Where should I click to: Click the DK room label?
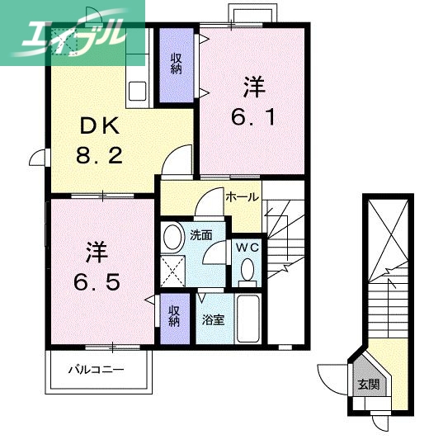click(x=101, y=126)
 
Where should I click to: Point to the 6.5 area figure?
click(x=101, y=281)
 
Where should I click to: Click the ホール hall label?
click(x=242, y=197)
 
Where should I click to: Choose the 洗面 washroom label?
click(x=200, y=234)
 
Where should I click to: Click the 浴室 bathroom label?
click(x=214, y=319)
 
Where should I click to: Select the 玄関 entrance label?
click(x=367, y=385)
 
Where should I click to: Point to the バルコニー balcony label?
click(x=96, y=369)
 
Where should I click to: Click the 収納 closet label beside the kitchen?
click(x=177, y=64)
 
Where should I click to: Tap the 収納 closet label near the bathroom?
click(x=175, y=315)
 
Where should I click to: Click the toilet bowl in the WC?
click(x=247, y=270)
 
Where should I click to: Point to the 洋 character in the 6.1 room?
click(x=252, y=86)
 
